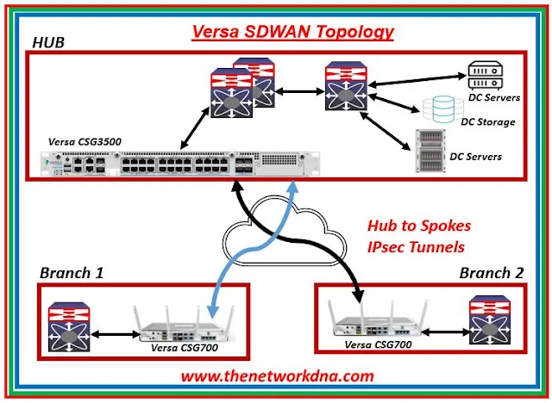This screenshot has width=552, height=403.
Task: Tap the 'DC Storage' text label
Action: point(487,121)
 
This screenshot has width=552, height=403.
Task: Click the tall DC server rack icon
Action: point(427,151)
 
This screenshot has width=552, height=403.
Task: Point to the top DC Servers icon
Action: point(480,70)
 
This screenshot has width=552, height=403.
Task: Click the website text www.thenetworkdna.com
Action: point(278,375)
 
